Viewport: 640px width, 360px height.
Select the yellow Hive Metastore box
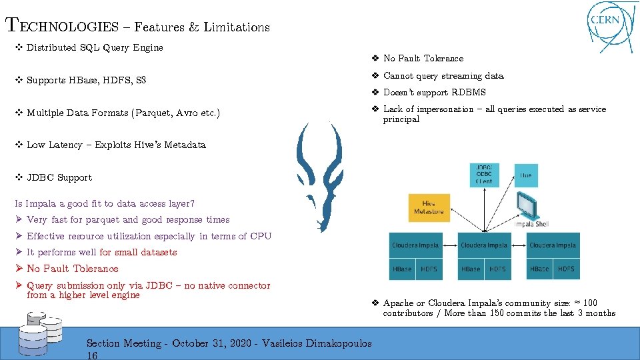(429, 208)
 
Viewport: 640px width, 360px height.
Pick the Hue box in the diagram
(526, 175)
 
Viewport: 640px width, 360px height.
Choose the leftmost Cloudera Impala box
(415, 245)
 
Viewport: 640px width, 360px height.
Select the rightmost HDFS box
(566, 269)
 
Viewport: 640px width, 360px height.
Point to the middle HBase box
(470, 269)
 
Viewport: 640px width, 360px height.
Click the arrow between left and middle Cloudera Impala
(449, 245)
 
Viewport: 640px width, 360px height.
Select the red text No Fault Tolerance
(72, 269)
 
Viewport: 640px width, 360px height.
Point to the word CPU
(261, 236)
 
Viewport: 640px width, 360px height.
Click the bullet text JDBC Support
(59, 177)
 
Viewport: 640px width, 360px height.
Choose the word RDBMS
(469, 92)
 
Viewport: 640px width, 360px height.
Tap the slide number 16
(93, 355)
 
